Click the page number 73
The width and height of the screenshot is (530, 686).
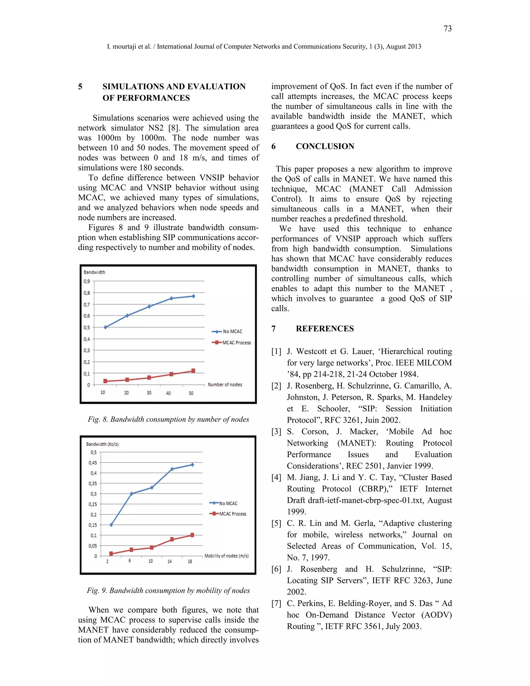[447, 28]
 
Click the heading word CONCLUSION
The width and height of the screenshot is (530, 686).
[325, 146]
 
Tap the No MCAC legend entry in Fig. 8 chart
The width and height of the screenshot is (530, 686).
[232, 331]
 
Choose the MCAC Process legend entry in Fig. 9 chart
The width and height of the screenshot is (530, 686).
[232, 514]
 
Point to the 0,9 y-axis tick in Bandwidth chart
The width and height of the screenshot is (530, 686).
[87, 281]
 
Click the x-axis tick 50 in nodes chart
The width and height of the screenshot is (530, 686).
[191, 393]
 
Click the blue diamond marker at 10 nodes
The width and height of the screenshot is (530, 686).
[106, 327]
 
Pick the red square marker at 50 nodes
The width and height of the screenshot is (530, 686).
[193, 371]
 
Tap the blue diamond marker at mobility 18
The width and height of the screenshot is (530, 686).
[193, 465]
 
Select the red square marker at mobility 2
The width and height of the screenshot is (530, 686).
[111, 553]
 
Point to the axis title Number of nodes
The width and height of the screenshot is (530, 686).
[225, 384]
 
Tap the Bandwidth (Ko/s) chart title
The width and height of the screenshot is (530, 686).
[102, 444]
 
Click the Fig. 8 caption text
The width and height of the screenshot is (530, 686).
[168, 419]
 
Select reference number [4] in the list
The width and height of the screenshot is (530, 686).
[276, 477]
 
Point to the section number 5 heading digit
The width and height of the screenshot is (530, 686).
[80, 86]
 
